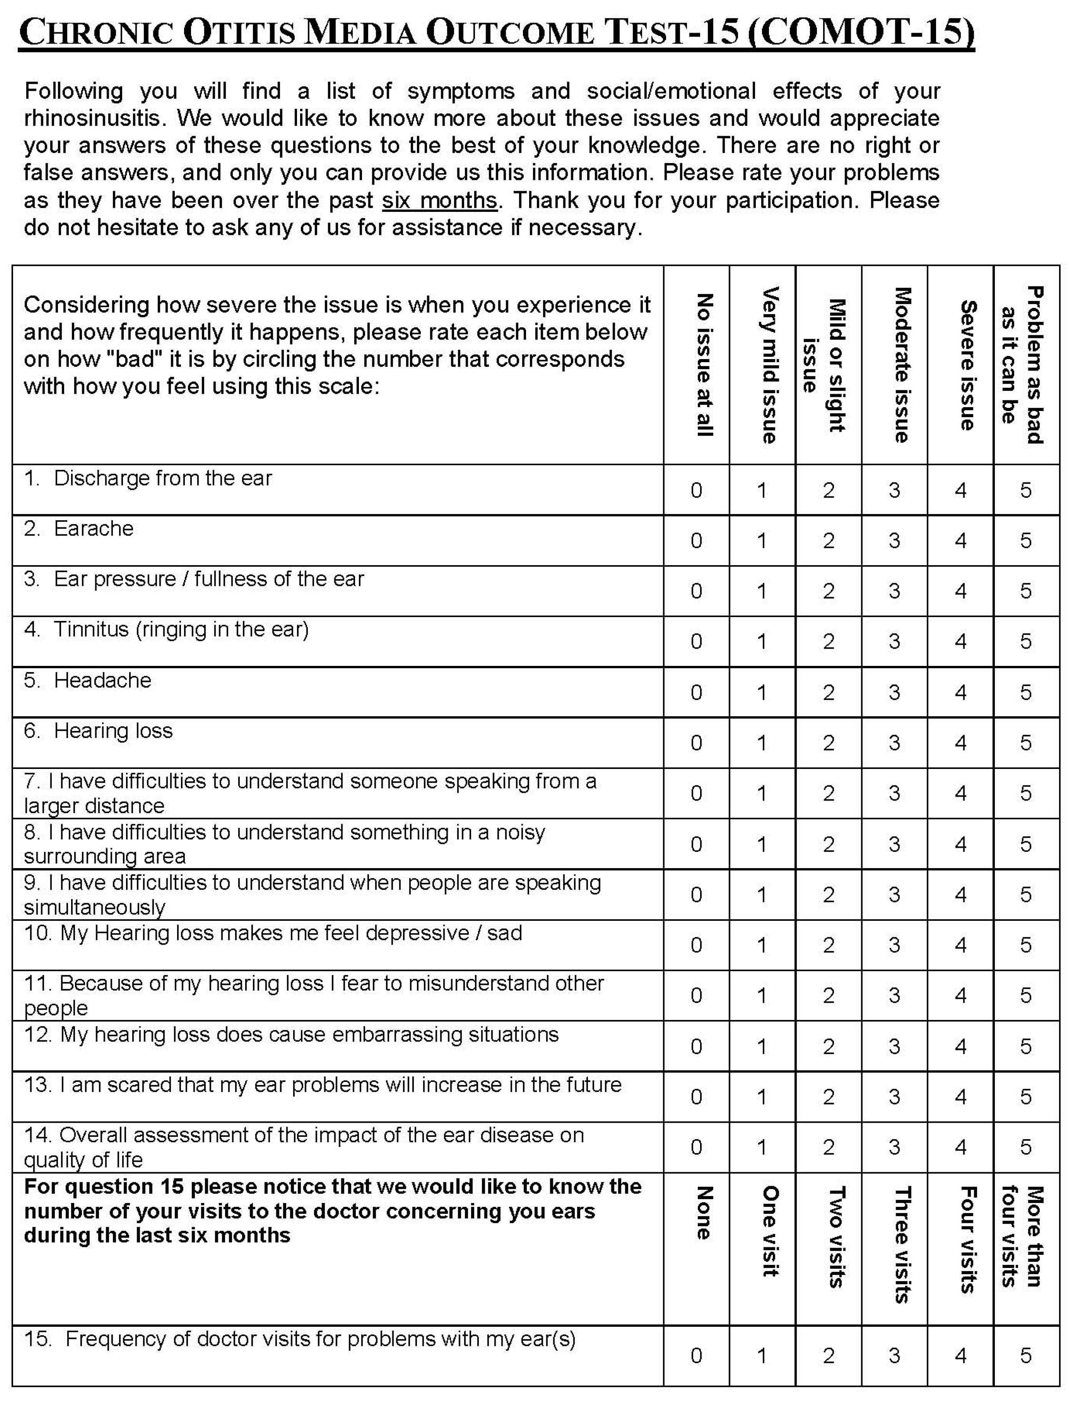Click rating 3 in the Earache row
pos(894,541)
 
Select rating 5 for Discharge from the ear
pos(1026,490)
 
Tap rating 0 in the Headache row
pos(696,692)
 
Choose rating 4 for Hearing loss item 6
pos(960,743)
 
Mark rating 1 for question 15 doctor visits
pos(762,1356)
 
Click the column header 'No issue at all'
pos(704,365)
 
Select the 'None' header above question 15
pos(704,1213)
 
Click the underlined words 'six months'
pos(439,201)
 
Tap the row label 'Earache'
pos(93,528)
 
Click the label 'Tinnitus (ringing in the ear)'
pos(181,629)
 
